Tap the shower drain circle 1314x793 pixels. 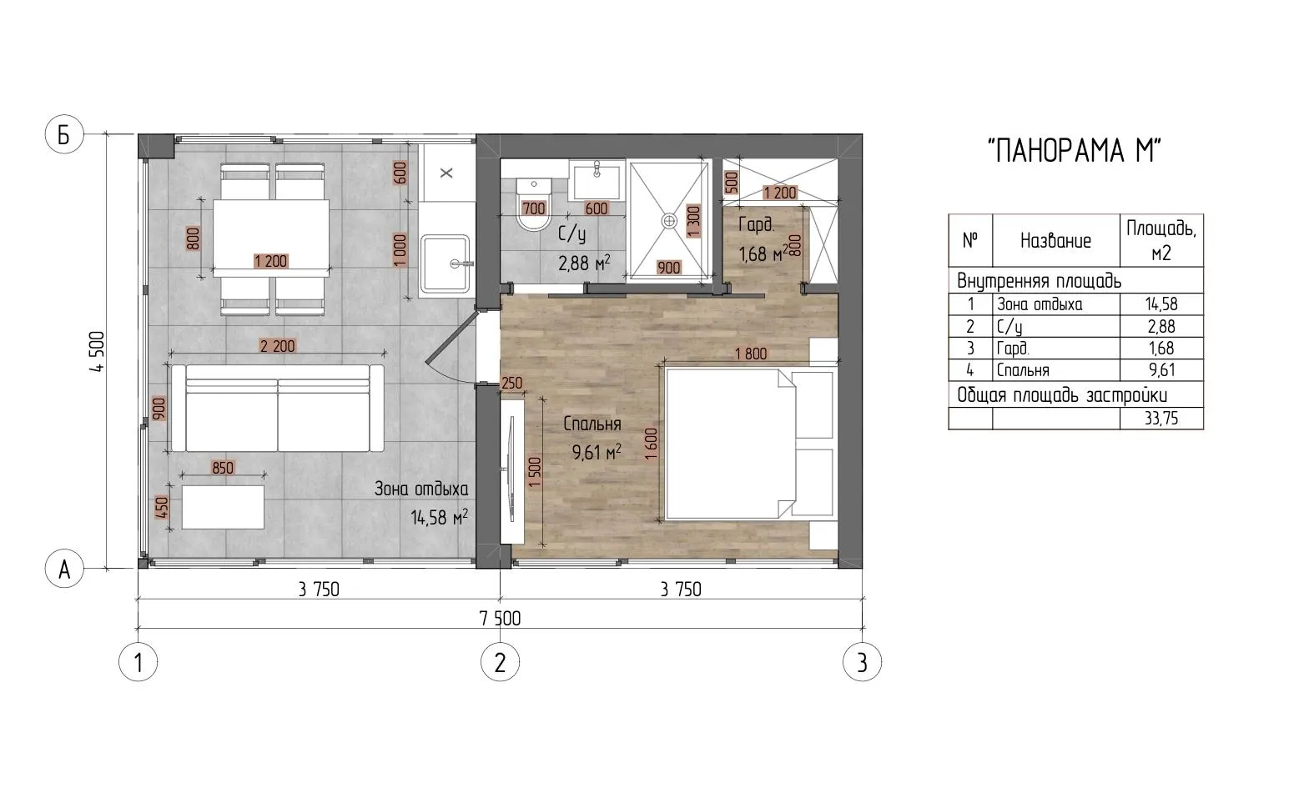click(x=669, y=221)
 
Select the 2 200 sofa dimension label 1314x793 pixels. click(x=278, y=346)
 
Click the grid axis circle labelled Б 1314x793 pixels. click(x=64, y=135)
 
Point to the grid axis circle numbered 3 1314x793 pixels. click(x=862, y=662)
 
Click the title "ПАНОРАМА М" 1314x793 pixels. click(x=1075, y=151)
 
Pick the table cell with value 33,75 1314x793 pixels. click(x=1161, y=419)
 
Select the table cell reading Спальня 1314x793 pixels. click(x=1056, y=370)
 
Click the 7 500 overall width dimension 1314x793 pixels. click(x=500, y=619)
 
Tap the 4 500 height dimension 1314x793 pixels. click(x=97, y=352)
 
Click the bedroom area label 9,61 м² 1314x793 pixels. click(x=597, y=451)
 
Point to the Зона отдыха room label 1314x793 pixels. click(x=421, y=489)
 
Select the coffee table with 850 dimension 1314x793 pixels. click(x=223, y=507)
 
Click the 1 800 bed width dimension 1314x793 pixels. click(x=751, y=354)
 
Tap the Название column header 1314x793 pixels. click(x=1056, y=240)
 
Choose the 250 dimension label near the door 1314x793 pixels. click(x=511, y=383)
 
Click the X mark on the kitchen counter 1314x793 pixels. click(x=446, y=173)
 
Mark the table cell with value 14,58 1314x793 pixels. click(x=1161, y=304)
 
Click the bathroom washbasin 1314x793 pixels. click(x=597, y=182)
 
